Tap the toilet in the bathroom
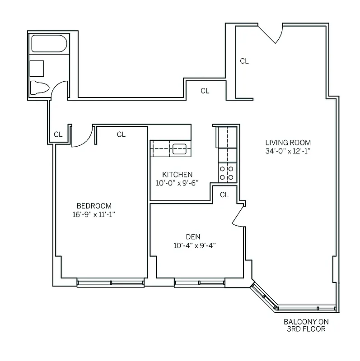39,87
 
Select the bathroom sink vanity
37,69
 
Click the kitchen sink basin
180,148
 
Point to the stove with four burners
227,172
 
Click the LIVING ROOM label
288,143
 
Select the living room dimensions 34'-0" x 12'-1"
288,151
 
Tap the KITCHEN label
178,175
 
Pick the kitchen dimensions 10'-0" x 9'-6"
178,183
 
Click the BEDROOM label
94,206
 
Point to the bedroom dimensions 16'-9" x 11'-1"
94,214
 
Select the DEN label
193,237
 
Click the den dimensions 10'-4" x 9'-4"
195,245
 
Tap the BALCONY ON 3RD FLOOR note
306,325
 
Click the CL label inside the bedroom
121,134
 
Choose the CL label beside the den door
224,195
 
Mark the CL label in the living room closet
244,61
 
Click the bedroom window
111,283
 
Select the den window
200,283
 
